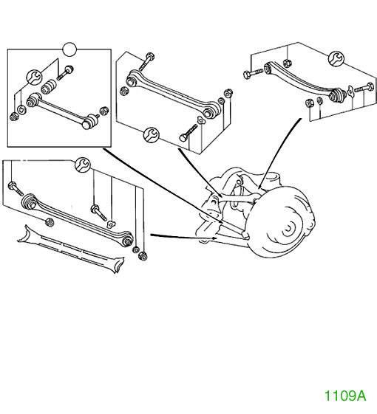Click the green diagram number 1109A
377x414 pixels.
pos(345,396)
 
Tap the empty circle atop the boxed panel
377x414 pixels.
pos(69,49)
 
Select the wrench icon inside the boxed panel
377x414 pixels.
pos(35,77)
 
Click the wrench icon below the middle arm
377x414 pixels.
pos(151,134)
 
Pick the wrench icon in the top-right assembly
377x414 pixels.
pos(336,58)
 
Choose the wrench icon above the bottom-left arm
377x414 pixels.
pos(83,165)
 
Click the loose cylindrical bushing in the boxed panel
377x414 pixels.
pos(49,87)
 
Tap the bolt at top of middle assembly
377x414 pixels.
pos(146,61)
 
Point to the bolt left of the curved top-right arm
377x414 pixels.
pos(253,74)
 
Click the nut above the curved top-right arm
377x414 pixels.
pos(288,63)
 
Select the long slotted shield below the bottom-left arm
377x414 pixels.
pos(71,249)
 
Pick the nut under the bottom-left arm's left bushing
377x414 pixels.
pos(50,222)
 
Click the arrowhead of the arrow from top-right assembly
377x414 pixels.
pos(259,186)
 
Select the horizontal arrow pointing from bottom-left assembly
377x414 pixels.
pos(184,236)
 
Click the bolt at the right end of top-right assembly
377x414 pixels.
pos(364,88)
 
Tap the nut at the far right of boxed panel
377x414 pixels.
pos(103,111)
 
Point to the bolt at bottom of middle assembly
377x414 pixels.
pos(188,133)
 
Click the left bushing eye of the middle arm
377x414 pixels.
pos(131,80)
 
